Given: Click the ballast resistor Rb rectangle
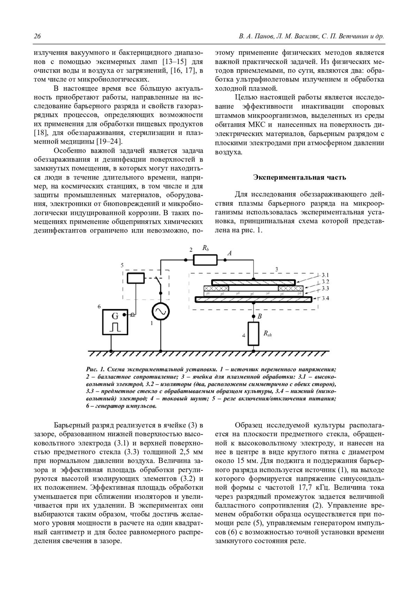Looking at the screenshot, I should tap(205, 260).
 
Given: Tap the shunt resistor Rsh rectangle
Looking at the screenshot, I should tap(254, 334).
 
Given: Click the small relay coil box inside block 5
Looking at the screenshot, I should tap(136, 278).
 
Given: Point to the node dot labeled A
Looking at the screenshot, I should tap(225, 260).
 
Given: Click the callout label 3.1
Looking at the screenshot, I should tap(325, 275).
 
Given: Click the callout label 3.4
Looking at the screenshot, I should tap(325, 298).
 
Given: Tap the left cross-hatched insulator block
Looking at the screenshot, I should tap(216, 288).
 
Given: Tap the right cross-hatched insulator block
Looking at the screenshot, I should tap(291, 288).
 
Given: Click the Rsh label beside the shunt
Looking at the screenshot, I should tap(268, 334).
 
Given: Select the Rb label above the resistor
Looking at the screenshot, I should tap(206, 248).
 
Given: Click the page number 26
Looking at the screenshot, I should tap(37, 37).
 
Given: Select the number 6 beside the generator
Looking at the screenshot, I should tap(99, 306).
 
